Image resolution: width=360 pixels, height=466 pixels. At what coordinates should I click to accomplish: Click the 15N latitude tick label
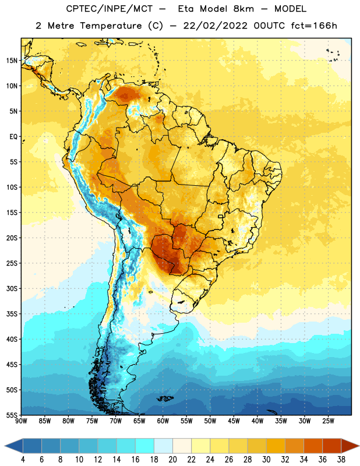tap(12, 61)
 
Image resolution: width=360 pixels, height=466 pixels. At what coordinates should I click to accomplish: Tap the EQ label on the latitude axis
tap(13, 137)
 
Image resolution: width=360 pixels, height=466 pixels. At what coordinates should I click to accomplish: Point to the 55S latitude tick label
tap(12, 415)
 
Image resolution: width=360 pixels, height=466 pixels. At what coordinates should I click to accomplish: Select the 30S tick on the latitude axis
tap(12, 288)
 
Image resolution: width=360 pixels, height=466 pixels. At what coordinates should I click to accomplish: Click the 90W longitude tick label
tap(21, 421)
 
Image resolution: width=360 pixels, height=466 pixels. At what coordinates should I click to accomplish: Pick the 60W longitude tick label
tap(163, 421)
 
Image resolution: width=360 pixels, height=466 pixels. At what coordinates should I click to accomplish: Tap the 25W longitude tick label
tap(328, 421)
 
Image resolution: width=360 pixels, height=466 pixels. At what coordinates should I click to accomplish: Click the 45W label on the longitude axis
tap(234, 421)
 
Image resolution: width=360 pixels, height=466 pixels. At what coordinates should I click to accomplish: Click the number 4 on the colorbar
tap(23, 460)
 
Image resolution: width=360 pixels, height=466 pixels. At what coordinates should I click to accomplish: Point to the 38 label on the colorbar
tap(341, 460)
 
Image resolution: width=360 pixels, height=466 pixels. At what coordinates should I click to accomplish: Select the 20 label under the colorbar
tap(172, 460)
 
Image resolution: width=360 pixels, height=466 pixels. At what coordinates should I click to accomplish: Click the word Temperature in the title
tap(111, 26)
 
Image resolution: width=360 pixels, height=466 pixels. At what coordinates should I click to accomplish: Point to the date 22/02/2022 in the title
tap(215, 26)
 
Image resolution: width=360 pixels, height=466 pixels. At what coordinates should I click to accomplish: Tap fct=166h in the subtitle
tap(314, 26)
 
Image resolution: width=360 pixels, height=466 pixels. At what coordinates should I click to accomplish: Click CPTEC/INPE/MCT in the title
tap(109, 9)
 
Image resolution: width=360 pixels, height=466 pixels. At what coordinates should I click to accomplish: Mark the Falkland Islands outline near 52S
tap(165, 398)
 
